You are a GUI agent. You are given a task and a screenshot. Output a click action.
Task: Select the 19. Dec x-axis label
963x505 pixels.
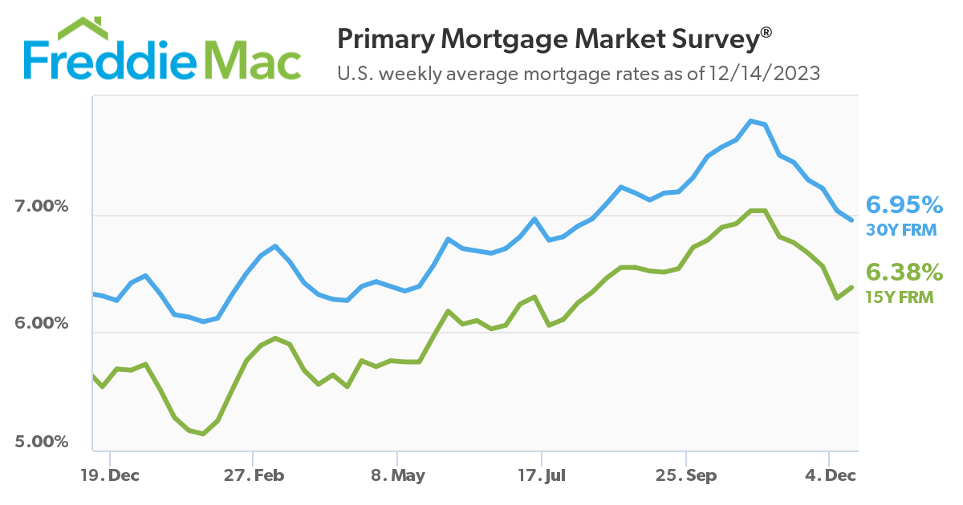[110, 475]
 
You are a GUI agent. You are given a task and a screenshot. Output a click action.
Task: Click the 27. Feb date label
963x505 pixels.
[254, 475]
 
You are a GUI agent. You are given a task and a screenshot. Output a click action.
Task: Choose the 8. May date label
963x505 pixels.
[398, 475]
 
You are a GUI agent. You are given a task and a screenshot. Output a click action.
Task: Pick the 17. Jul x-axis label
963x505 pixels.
[542, 475]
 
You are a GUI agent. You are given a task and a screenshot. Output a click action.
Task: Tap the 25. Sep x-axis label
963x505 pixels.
[686, 475]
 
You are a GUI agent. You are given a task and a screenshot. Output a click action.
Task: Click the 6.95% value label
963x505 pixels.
[903, 204]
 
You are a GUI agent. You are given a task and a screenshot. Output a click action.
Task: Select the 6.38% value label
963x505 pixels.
[903, 273]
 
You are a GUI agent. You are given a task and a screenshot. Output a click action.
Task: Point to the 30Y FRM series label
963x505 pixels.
[900, 229]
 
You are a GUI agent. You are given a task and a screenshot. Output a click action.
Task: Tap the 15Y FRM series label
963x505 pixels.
[900, 297]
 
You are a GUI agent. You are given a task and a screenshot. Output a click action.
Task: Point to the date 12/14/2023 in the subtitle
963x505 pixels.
[765, 74]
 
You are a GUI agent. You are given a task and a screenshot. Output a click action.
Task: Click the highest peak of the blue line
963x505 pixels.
[751, 121]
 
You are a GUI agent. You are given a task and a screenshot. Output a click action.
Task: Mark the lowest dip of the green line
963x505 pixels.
[204, 434]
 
